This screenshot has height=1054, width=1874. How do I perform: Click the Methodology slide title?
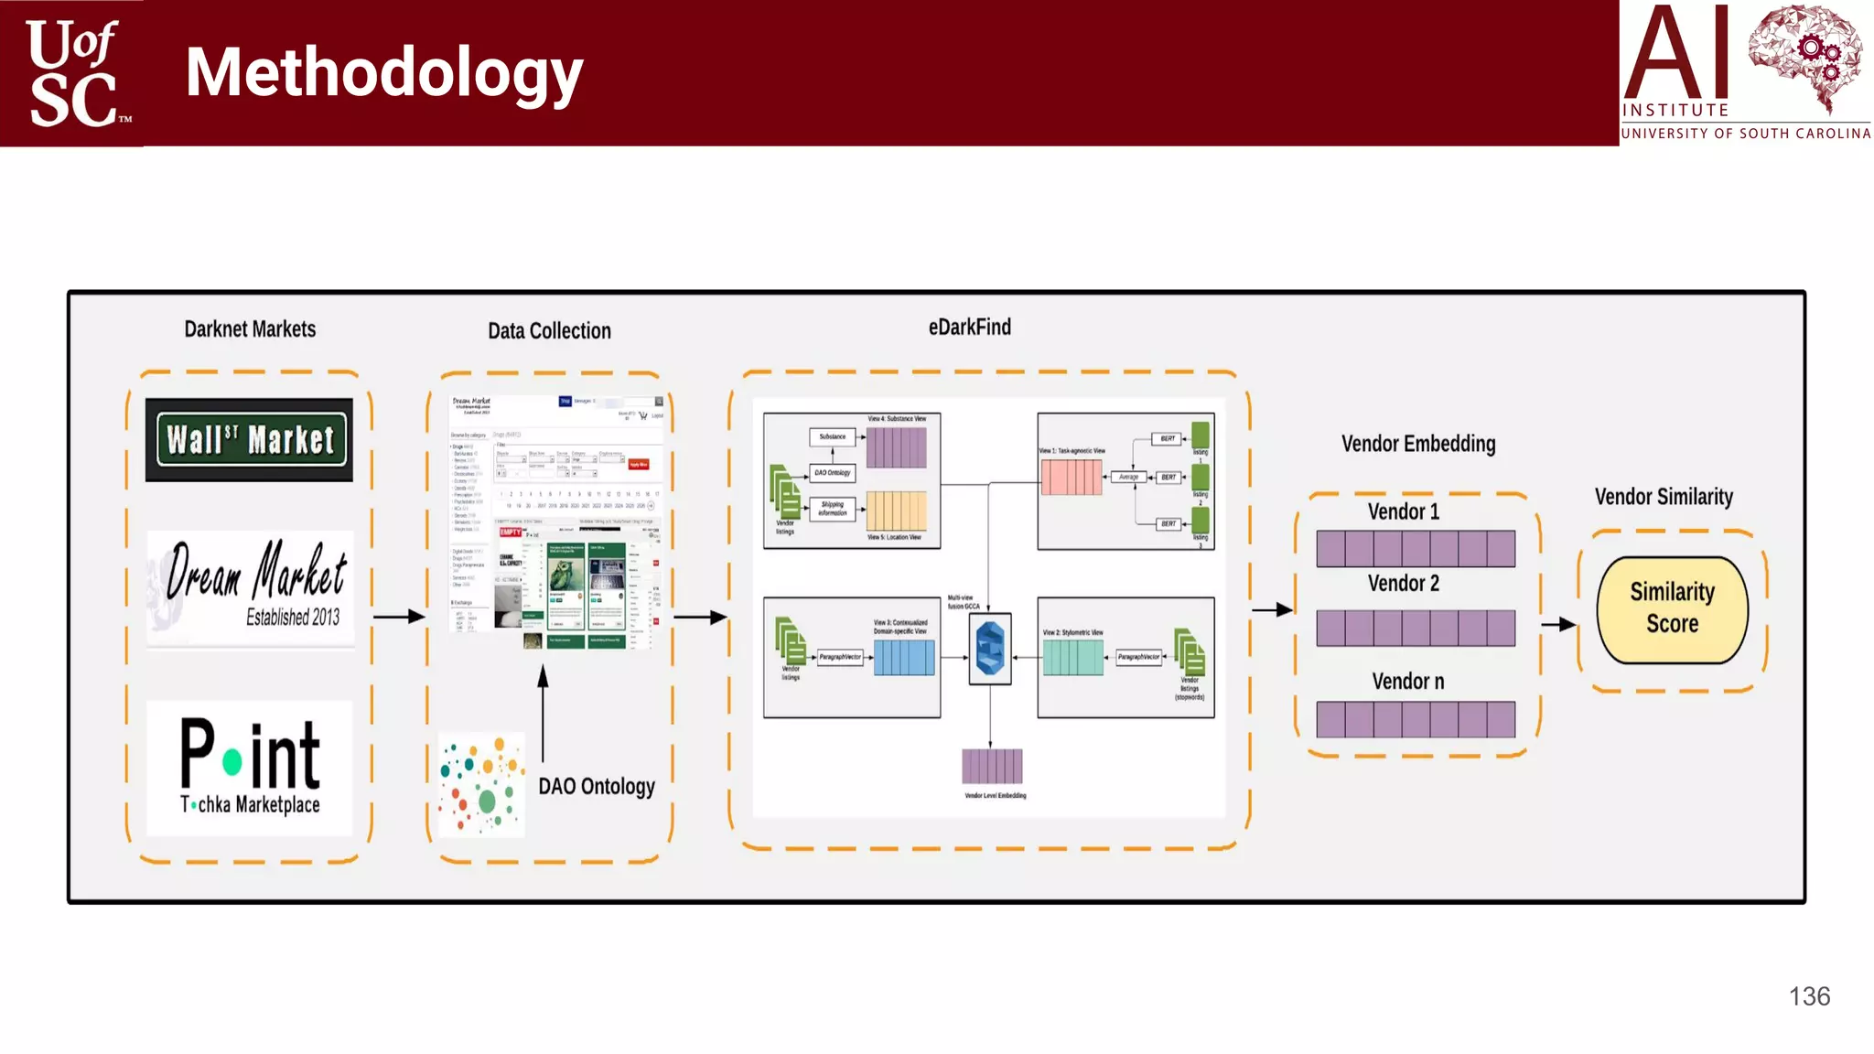(x=383, y=73)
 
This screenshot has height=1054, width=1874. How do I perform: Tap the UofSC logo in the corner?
(x=73, y=73)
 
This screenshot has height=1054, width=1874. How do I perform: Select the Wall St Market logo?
(x=249, y=440)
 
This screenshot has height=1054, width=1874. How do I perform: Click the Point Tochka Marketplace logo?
(x=249, y=768)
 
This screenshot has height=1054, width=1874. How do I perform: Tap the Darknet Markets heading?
(x=250, y=329)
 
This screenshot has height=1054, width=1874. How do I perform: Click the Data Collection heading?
(x=549, y=331)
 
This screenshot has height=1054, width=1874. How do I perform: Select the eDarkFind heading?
(x=969, y=328)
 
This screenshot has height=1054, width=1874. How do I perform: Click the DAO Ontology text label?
(x=597, y=787)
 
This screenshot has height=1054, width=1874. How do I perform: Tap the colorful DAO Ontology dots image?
(x=481, y=785)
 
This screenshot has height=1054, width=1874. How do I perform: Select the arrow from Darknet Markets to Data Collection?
(x=399, y=617)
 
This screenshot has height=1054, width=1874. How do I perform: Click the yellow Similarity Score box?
(x=1672, y=609)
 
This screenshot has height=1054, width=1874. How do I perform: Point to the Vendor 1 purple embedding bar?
(x=1416, y=549)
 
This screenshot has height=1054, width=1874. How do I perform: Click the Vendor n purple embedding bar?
(x=1416, y=720)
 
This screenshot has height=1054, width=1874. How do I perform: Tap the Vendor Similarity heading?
(x=1664, y=497)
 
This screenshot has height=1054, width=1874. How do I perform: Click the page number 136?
(x=1809, y=996)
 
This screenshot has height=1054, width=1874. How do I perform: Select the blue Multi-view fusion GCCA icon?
(x=990, y=649)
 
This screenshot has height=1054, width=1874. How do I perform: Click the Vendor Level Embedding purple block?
(x=992, y=766)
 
